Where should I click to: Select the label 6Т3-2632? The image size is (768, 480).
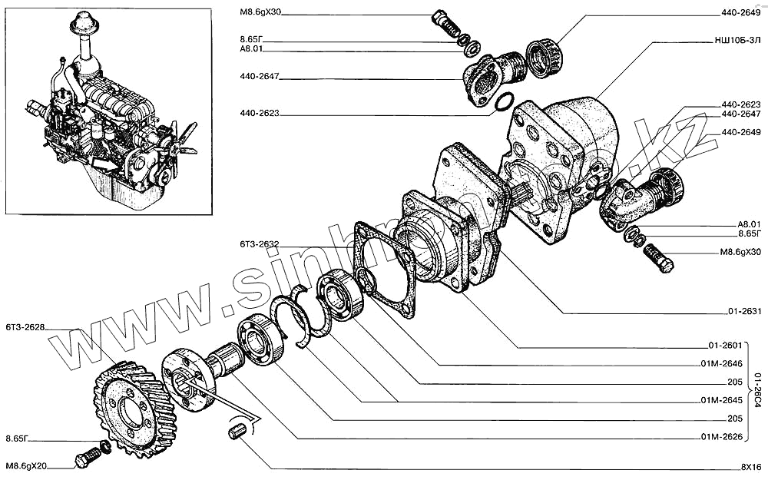point(259,245)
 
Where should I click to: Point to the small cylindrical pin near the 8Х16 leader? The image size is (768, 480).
point(237,432)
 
